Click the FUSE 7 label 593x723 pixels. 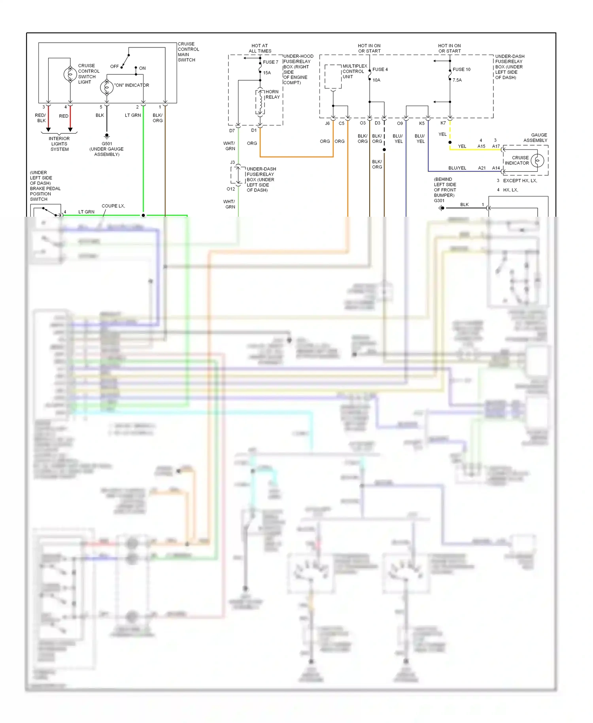click(x=270, y=62)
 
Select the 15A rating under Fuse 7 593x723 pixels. click(x=267, y=73)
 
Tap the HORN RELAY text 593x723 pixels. click(x=272, y=94)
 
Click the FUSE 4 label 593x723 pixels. click(x=380, y=69)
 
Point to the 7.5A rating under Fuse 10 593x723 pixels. click(x=457, y=80)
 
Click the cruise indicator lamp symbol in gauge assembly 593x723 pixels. click(x=537, y=160)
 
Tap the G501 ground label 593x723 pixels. click(x=107, y=144)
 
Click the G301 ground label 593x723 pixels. click(x=439, y=201)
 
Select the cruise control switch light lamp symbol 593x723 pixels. click(x=70, y=74)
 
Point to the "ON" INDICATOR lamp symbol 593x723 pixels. click(x=107, y=87)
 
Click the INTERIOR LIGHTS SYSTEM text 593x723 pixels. click(x=59, y=144)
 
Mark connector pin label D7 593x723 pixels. click(x=232, y=131)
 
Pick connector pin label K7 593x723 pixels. click(x=443, y=123)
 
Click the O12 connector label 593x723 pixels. click(x=230, y=189)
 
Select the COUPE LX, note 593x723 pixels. click(x=113, y=206)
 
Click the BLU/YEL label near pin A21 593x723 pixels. click(x=457, y=168)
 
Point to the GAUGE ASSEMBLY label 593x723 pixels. click(x=535, y=138)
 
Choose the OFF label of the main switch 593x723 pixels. click(x=114, y=66)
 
